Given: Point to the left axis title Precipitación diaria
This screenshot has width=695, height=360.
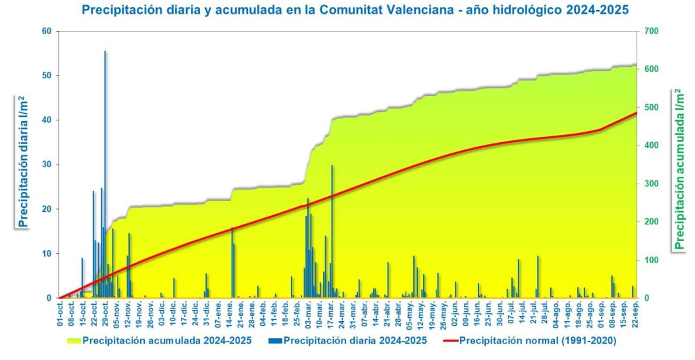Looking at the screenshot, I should coord(24,161).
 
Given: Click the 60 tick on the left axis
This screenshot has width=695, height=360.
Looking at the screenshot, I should coord(47,31).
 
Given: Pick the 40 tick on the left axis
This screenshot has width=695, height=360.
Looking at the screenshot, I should coord(47,120).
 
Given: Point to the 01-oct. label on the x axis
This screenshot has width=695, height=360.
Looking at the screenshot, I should coord(61,314).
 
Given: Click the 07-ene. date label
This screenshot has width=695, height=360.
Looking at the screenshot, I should coord(219,314).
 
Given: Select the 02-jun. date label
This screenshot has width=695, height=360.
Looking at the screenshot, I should coord(455,314).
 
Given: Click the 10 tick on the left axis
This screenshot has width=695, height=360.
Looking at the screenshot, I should coord(47,253).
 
